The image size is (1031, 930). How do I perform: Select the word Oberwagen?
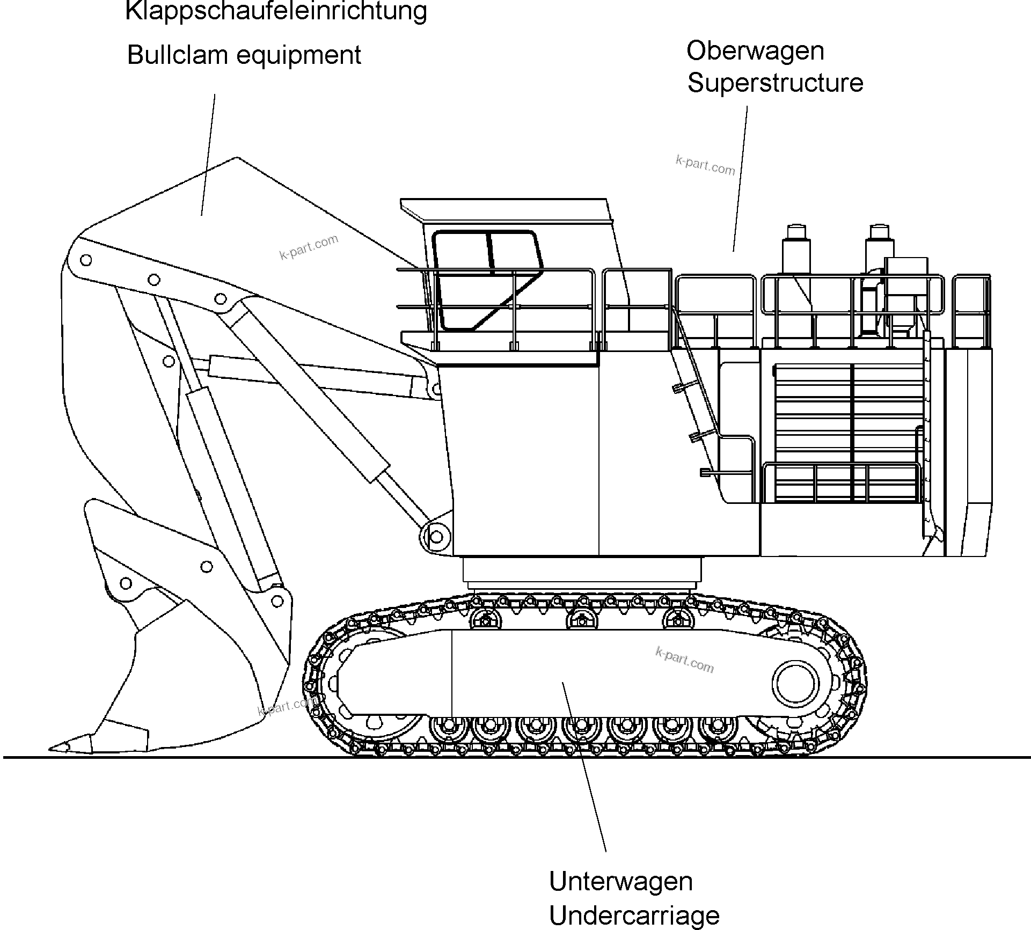(755, 51)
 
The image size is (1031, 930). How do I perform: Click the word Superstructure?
(775, 83)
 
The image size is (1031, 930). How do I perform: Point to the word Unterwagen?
(621, 882)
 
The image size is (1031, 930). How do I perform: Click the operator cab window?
(483, 279)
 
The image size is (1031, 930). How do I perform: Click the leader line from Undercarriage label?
(585, 767)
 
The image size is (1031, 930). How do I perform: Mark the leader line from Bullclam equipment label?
(208, 156)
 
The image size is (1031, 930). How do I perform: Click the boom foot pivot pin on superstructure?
(436, 537)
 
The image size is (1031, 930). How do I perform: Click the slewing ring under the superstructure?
(582, 572)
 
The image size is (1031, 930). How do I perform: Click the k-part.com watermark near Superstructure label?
(705, 166)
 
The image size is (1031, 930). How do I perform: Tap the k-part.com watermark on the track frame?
(685, 660)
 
